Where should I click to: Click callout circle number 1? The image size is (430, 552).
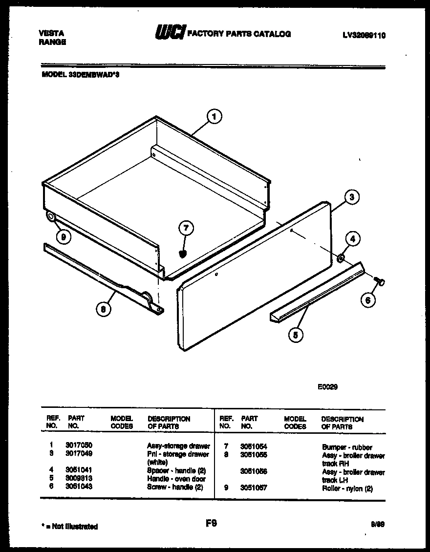coord(214,117)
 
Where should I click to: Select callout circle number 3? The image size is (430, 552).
coord(351,197)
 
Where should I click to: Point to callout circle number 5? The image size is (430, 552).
coord(296,335)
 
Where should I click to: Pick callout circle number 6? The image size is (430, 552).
coord(368,300)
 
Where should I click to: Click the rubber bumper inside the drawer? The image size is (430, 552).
coord(184,253)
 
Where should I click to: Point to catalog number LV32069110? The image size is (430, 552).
coord(364,35)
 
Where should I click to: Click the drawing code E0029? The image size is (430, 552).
coord(328,386)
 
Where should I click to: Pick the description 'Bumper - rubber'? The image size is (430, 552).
coord(347,447)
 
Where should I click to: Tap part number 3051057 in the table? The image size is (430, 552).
coord(254,488)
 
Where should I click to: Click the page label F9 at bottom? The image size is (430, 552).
coord(211,523)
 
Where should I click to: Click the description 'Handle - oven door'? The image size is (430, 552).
coord(176,479)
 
